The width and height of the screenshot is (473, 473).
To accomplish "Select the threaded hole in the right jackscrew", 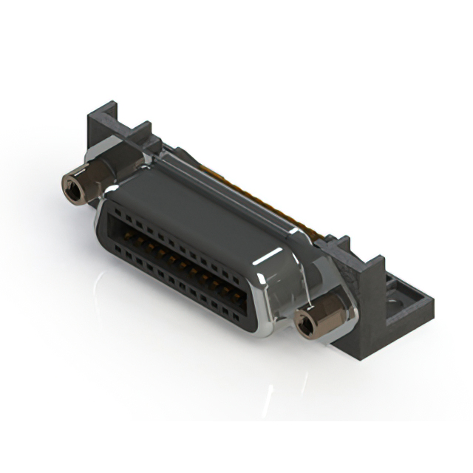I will click(x=305, y=324).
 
